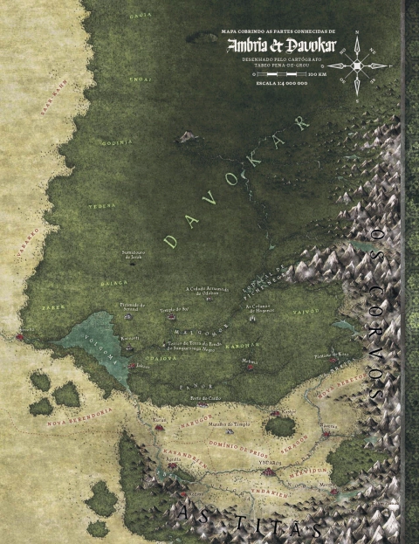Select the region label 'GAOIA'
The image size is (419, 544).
[x=134, y=17]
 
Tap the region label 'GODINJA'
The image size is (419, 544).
[x=117, y=141]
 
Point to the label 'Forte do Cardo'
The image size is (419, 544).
[x=205, y=396]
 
